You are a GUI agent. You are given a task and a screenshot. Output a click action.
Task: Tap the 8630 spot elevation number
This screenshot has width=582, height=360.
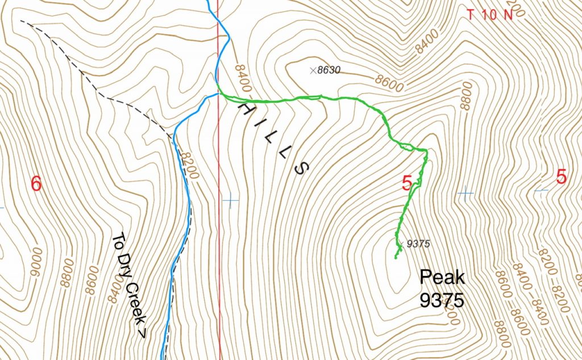click(331, 71)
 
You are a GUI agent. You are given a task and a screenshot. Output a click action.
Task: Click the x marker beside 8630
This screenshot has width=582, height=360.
click(312, 71)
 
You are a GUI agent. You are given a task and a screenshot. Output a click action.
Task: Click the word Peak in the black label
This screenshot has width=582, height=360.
click(442, 278)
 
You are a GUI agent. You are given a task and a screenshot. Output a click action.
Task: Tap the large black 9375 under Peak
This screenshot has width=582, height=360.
click(442, 300)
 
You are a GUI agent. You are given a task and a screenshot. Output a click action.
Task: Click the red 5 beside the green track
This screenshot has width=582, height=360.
click(407, 183)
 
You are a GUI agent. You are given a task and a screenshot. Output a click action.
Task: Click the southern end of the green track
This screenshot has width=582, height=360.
click(395, 258)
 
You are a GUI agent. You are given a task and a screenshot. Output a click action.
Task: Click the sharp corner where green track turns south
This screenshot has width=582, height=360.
click(426, 150)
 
